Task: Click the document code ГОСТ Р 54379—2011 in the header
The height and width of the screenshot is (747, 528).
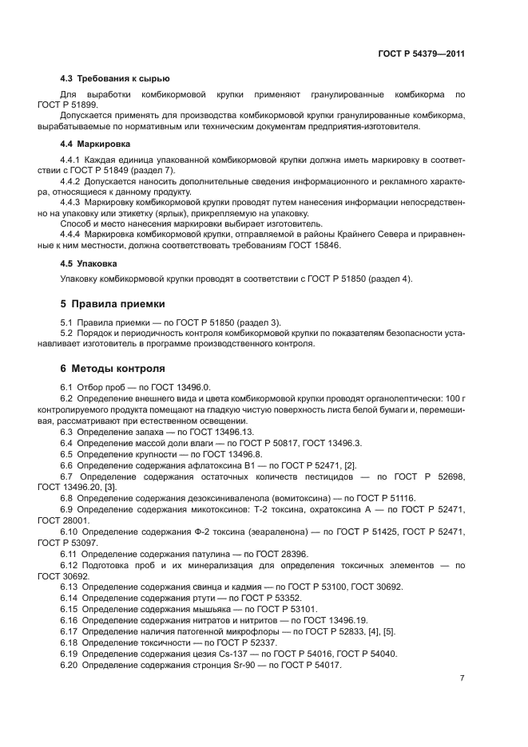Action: click(421, 53)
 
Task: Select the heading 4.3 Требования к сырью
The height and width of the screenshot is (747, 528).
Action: click(115, 79)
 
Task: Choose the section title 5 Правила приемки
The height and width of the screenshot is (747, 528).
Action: click(113, 304)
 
